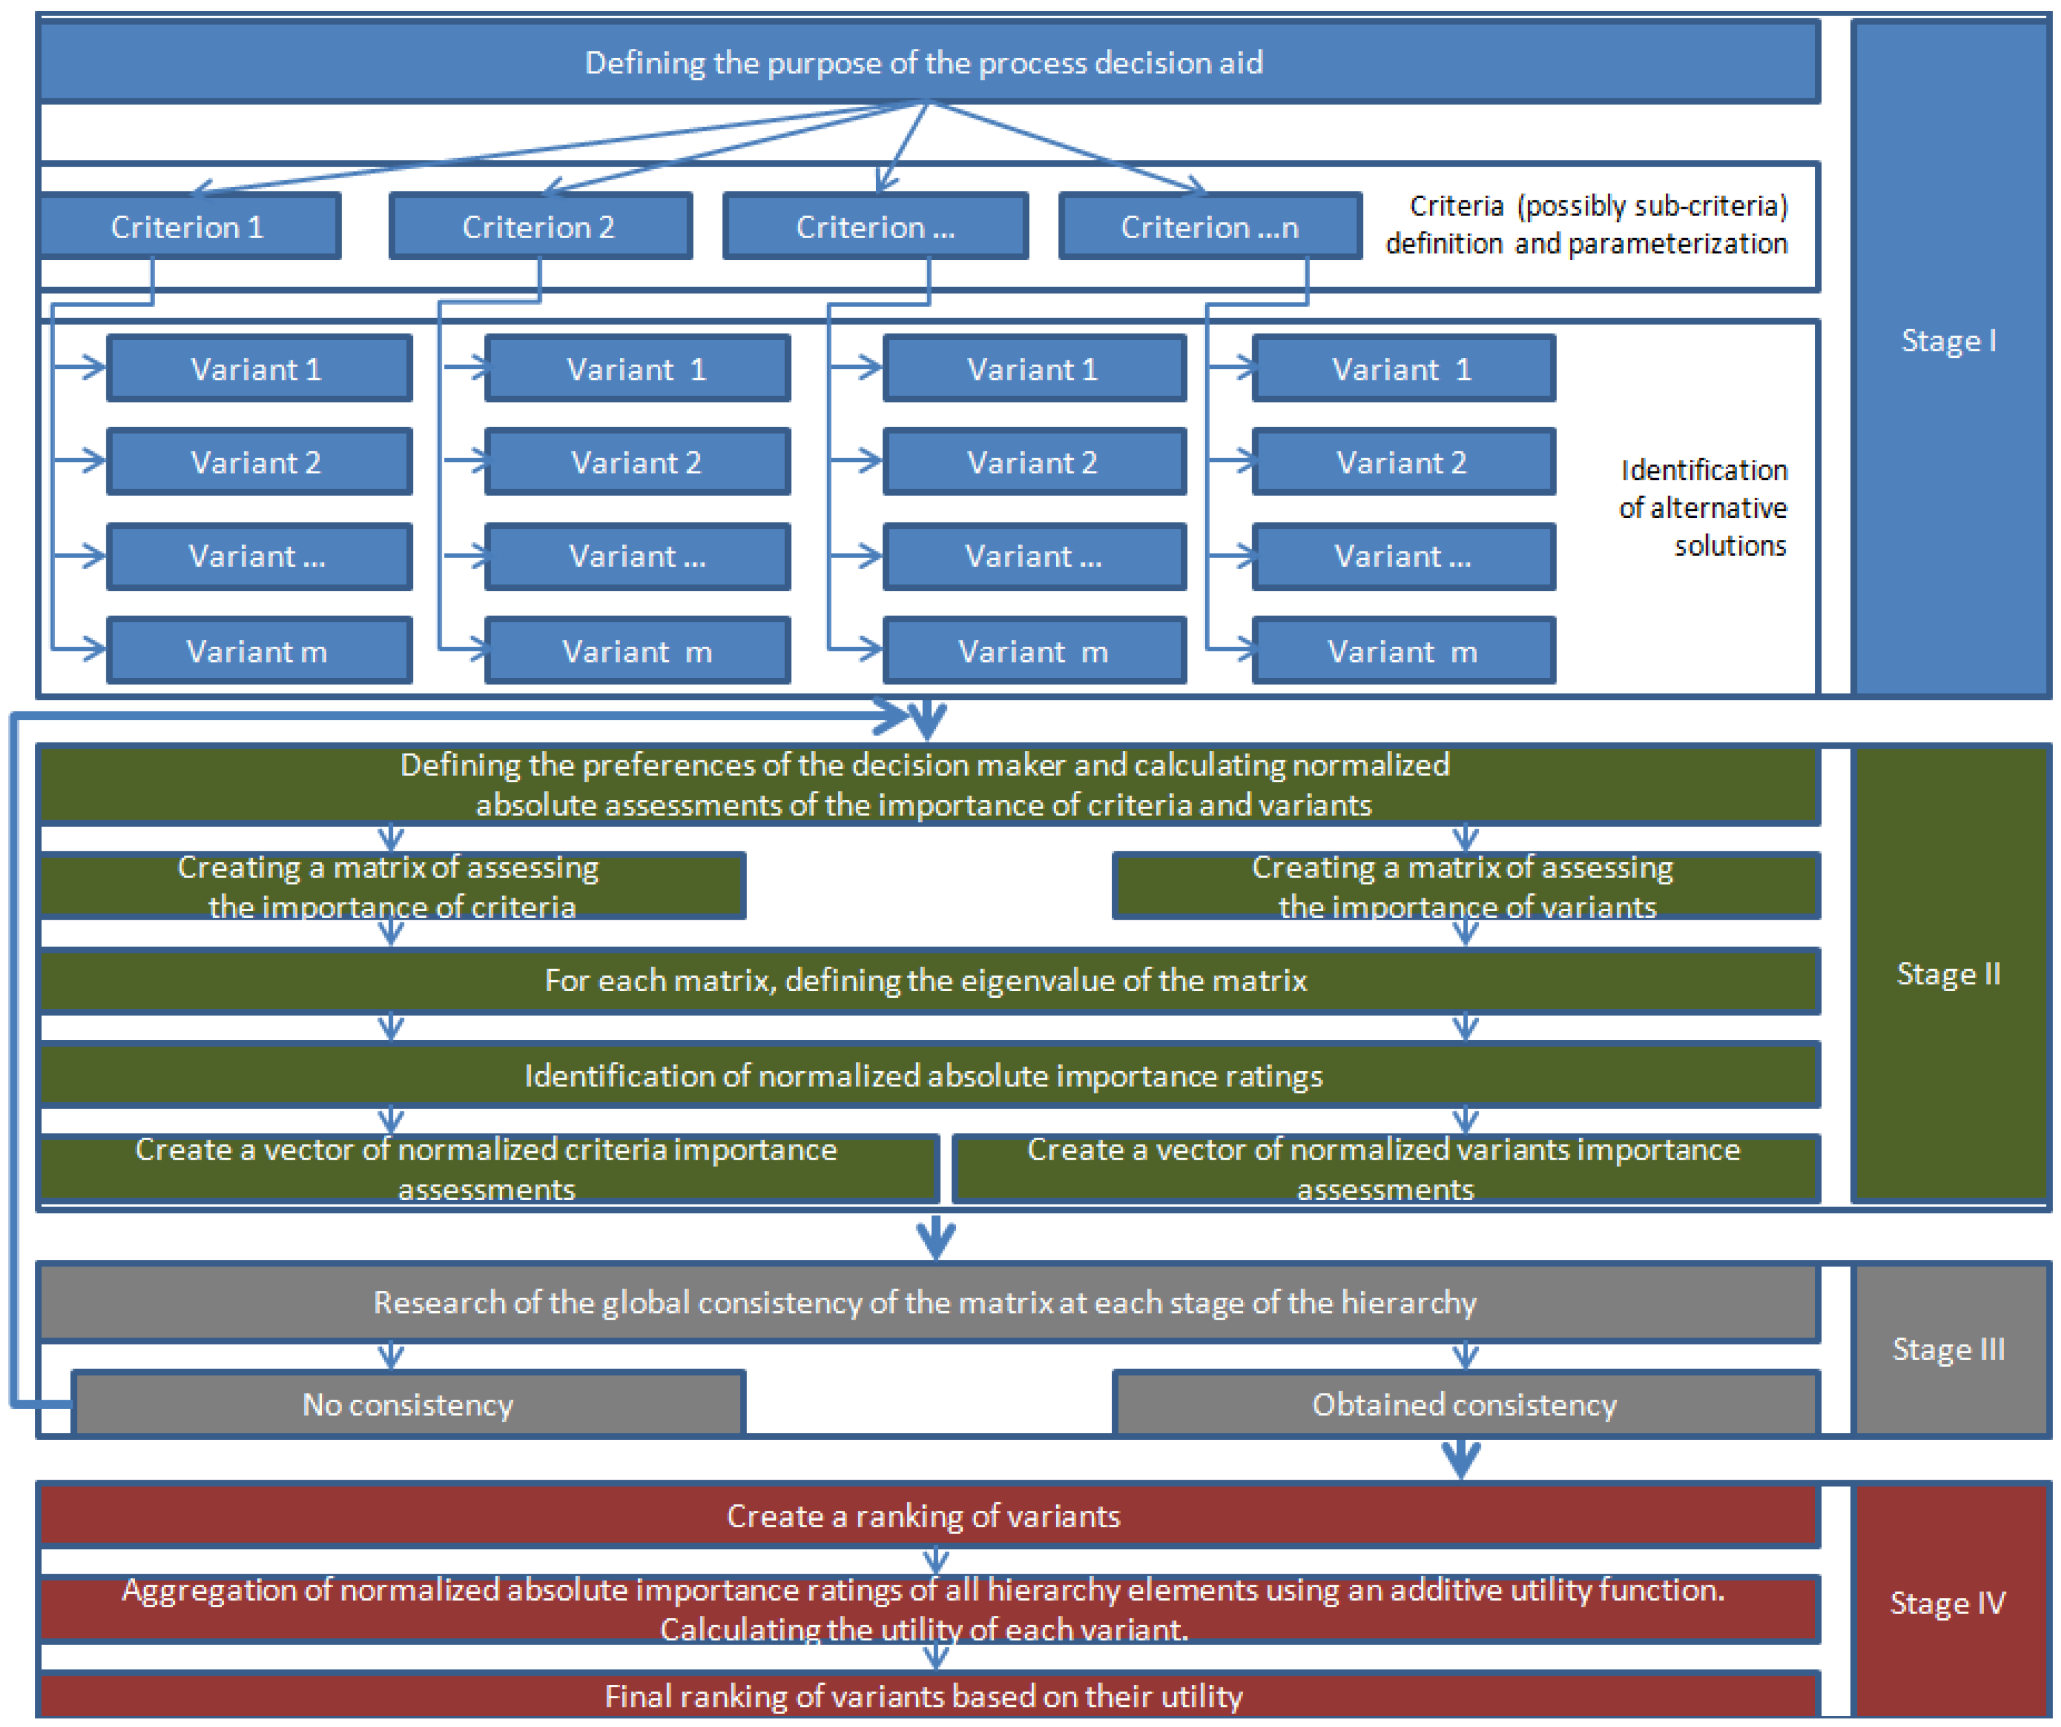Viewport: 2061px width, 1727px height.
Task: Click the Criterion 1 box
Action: [188, 227]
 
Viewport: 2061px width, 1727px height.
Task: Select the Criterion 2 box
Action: [540, 227]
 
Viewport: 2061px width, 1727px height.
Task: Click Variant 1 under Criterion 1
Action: [258, 369]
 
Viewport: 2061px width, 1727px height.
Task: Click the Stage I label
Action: [1948, 341]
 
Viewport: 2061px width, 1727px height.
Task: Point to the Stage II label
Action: [1948, 973]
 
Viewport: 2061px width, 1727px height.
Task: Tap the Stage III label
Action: [1948, 1349]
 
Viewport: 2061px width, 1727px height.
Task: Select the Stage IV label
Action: [1948, 1602]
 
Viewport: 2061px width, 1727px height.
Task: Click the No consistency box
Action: [408, 1404]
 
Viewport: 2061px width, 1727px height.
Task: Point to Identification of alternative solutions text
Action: [1703, 507]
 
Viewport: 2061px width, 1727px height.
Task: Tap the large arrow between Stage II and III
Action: [935, 1237]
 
